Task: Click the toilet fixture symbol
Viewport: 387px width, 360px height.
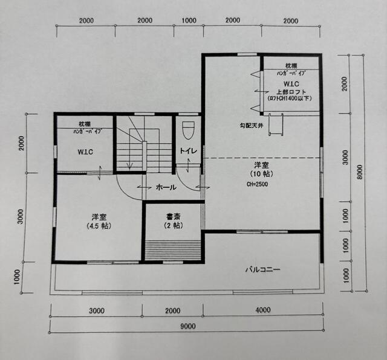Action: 189,131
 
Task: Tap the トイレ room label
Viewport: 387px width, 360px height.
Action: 188,150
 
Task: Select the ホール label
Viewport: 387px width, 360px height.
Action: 166,188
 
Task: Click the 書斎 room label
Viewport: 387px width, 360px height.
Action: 174,217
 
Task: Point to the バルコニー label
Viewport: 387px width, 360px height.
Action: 262,269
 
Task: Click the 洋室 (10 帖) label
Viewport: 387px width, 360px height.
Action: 261,169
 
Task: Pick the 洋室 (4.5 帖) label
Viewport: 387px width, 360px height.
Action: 99,222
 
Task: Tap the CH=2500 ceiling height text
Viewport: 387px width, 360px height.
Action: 257,184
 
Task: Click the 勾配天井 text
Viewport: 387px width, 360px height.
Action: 252,126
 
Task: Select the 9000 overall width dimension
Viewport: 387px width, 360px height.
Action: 188,326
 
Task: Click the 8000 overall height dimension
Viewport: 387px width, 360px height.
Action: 360,172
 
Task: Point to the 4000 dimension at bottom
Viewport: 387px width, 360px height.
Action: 263,310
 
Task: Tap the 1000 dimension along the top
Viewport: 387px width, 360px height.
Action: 189,21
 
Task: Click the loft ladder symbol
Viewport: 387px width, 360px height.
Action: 276,124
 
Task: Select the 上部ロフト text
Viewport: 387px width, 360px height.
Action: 291,92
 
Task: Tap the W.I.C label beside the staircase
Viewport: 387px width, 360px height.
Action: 85,152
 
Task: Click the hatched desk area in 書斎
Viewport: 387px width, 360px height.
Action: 173,249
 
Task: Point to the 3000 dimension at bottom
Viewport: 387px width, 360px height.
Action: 97,310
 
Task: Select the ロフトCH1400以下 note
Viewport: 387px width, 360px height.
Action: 290,98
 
